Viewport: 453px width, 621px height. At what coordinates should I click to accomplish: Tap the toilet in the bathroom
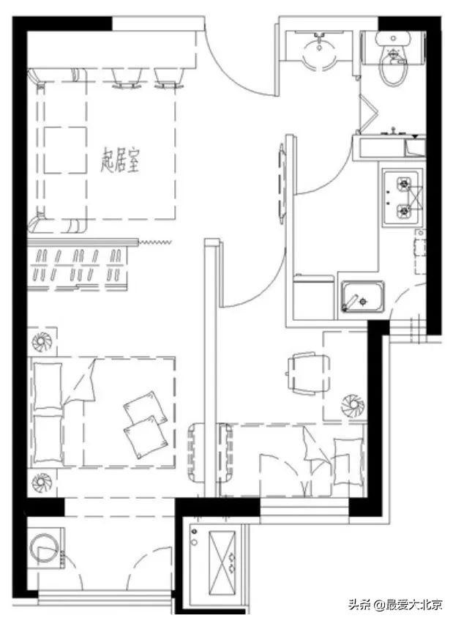point(393,58)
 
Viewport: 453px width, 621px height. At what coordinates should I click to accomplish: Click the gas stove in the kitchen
point(403,198)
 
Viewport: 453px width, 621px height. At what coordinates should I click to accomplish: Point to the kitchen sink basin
point(363,297)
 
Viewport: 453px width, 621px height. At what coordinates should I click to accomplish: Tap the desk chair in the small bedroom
point(308,373)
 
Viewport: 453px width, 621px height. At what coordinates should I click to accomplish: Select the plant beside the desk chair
point(353,406)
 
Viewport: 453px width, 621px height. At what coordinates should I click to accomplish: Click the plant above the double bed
point(42,341)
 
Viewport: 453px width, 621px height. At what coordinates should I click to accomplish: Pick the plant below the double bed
point(42,483)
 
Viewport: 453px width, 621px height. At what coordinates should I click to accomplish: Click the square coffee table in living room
point(65,150)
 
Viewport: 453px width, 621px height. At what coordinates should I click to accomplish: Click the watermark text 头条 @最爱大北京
point(395,604)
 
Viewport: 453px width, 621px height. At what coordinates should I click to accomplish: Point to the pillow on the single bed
point(348,462)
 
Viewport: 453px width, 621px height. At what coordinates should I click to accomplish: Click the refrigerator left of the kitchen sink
point(314,297)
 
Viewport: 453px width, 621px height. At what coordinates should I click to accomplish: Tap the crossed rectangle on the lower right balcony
point(222,563)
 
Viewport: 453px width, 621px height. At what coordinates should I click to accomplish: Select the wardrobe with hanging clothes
point(78,265)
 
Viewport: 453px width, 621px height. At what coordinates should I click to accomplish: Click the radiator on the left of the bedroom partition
point(196,452)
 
